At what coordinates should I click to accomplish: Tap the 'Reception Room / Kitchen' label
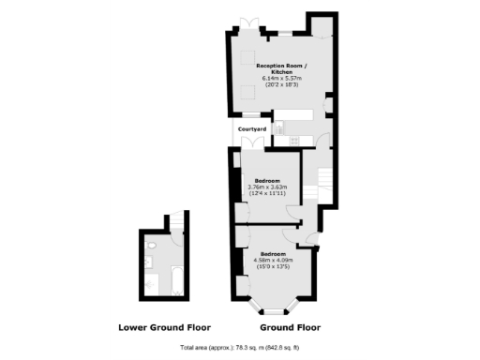[276, 68]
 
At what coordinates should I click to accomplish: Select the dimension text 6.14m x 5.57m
[276, 78]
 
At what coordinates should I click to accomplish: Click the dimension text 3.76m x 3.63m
[267, 187]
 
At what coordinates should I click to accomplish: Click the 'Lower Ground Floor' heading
[164, 328]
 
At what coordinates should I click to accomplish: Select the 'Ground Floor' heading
[290, 328]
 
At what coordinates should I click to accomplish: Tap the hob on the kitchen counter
[298, 139]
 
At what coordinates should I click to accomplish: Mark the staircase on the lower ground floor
[175, 221]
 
